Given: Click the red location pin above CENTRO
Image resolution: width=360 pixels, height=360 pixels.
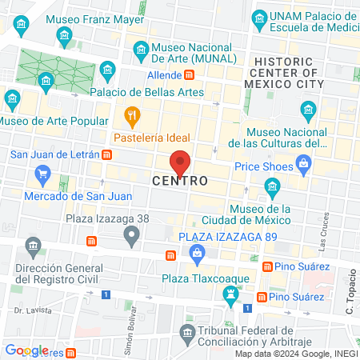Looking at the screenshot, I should (x=181, y=162).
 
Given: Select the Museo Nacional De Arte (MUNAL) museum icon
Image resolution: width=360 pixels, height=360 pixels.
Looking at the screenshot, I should (x=141, y=51).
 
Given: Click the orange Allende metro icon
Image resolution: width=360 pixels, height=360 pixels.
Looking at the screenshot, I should (x=190, y=75).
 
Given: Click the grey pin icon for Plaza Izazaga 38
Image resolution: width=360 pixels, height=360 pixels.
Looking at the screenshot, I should (x=131, y=234).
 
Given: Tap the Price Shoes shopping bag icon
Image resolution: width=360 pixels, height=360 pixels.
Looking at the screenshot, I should (x=303, y=166).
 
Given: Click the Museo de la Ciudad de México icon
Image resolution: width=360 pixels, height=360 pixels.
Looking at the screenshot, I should (x=273, y=189).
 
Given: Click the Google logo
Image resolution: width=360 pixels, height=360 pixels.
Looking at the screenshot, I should (x=26, y=350).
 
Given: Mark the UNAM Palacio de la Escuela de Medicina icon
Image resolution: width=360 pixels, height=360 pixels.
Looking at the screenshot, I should (x=259, y=18).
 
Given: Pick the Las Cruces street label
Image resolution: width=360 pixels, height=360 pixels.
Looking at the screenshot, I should (x=326, y=226).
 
